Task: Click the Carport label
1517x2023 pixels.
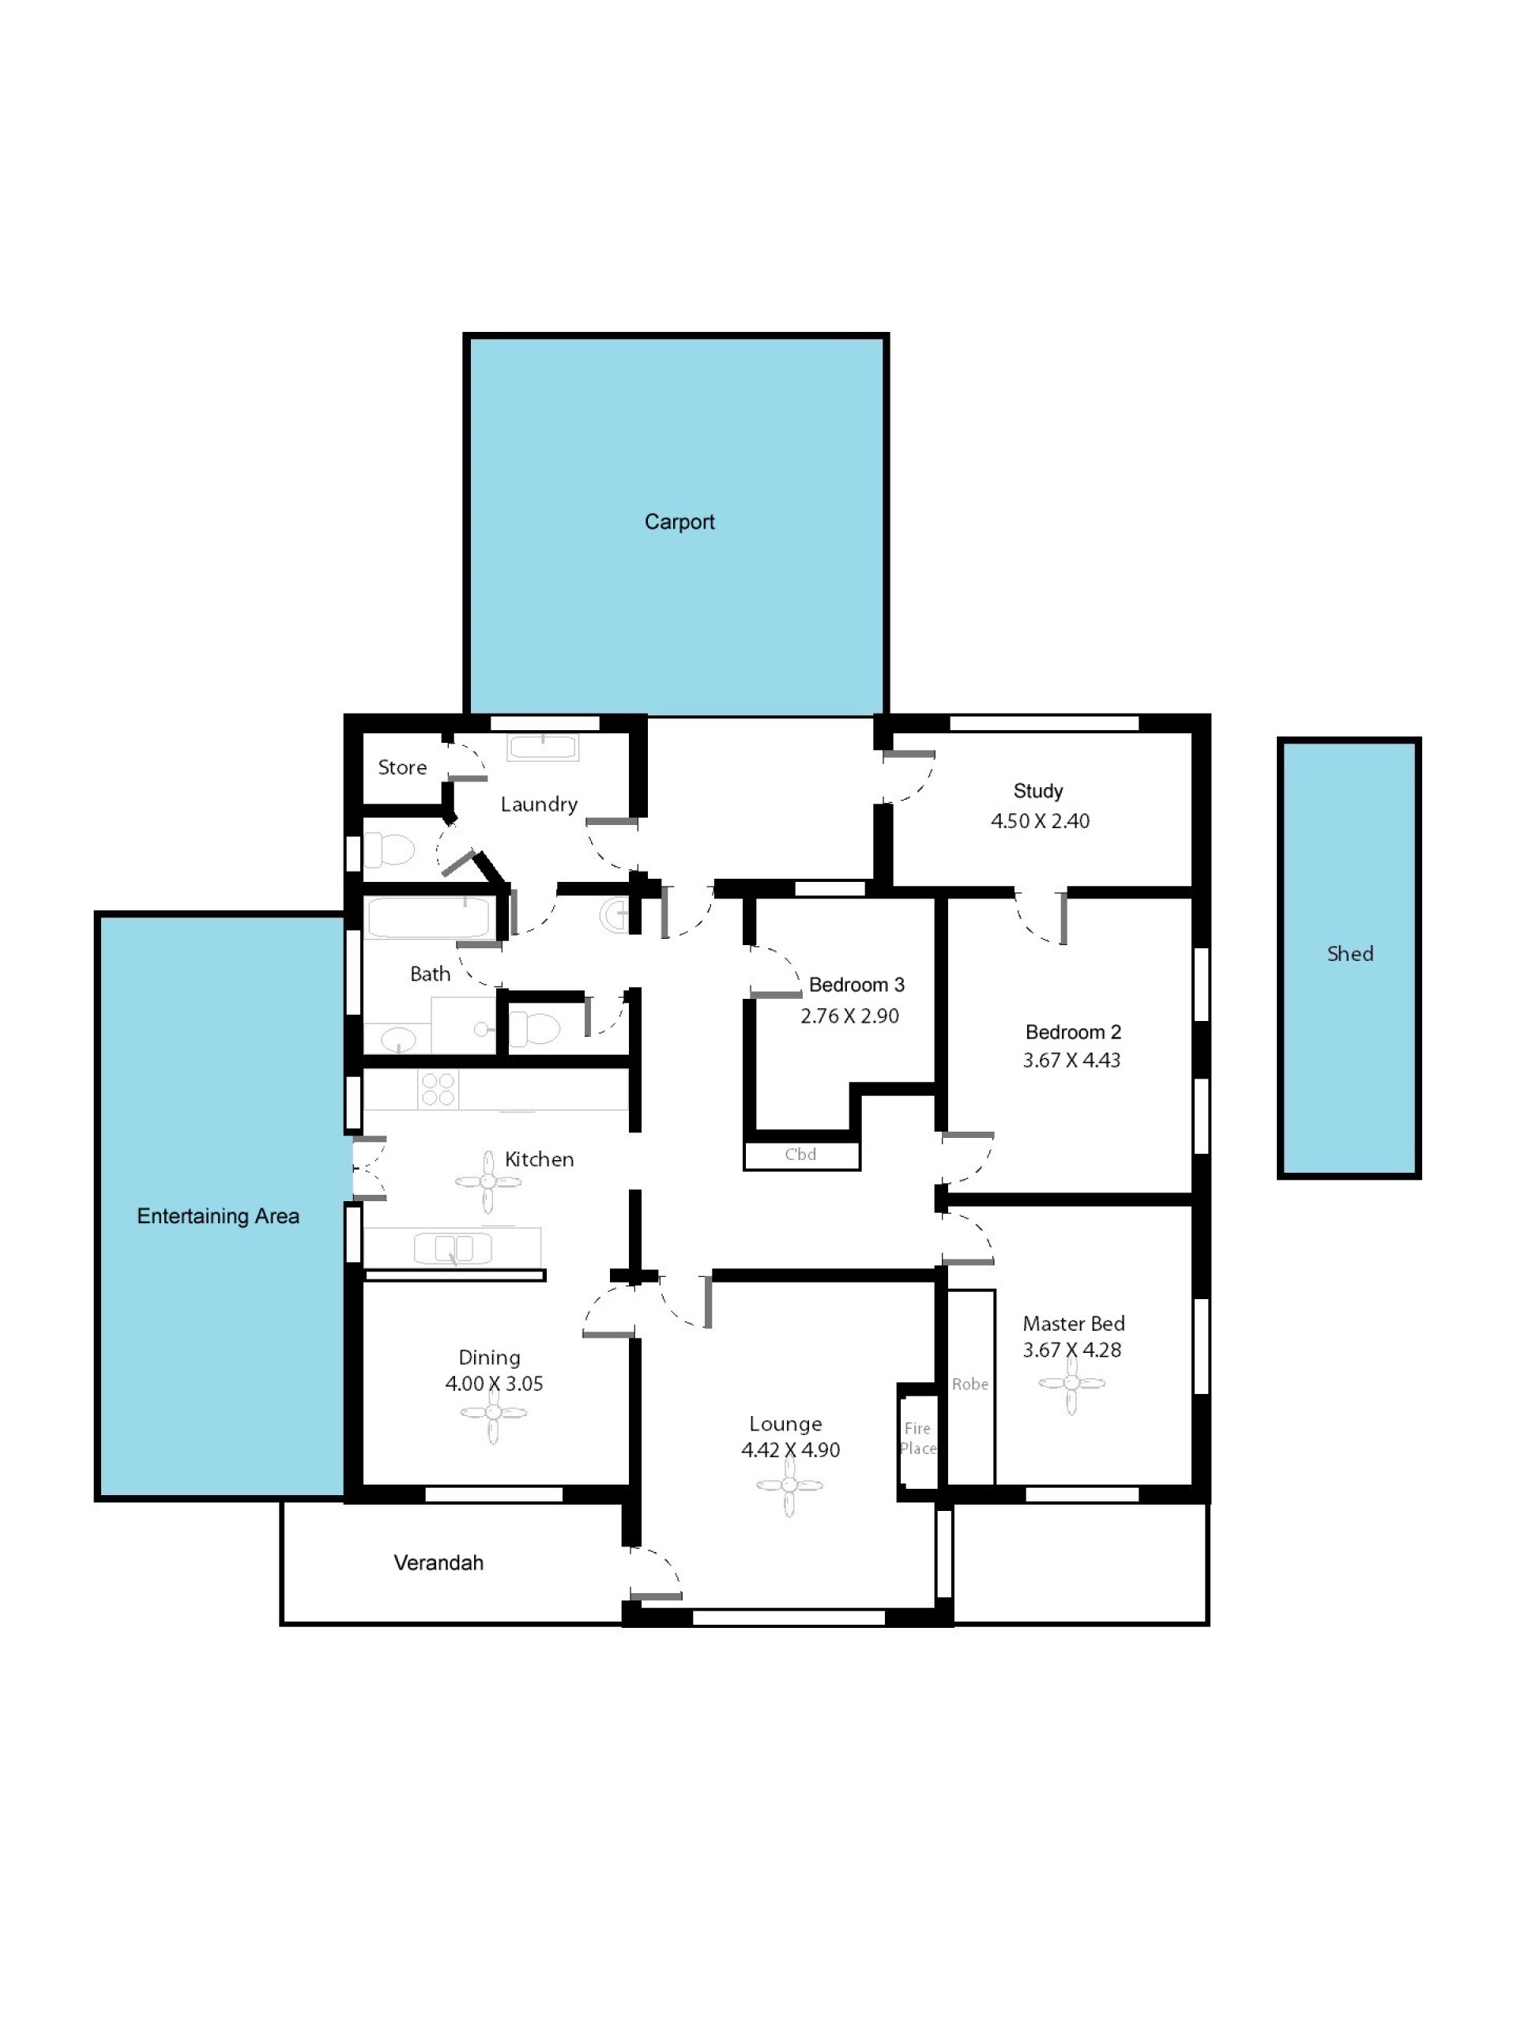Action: point(679,522)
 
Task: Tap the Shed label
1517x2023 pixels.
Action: point(1349,954)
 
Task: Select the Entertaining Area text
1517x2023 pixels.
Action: point(217,1216)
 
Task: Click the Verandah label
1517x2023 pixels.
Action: point(438,1563)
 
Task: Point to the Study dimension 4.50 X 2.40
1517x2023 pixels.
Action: point(1040,821)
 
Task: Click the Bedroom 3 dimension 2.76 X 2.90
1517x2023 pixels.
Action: point(849,1016)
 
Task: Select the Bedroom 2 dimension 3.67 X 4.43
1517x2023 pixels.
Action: point(1071,1060)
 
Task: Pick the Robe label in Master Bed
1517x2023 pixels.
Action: point(970,1384)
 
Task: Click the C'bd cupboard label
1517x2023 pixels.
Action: point(800,1155)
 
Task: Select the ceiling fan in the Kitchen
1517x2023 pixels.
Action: point(488,1182)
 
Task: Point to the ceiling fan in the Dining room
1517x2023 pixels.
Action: point(493,1412)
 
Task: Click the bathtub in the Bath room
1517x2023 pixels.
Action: point(429,917)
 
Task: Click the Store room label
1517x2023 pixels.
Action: point(402,767)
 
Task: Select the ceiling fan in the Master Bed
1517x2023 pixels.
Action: point(1071,1384)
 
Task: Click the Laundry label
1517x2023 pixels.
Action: point(539,804)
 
